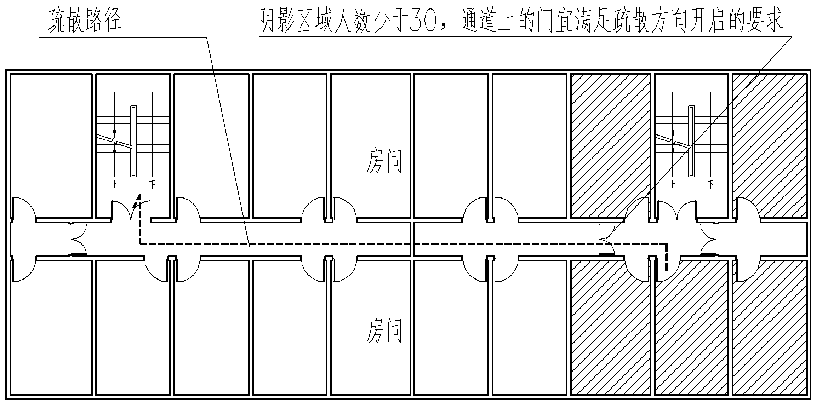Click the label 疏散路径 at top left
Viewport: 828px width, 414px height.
coord(85,20)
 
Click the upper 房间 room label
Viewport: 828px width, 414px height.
coord(384,161)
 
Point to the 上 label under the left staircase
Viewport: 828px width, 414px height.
coord(114,184)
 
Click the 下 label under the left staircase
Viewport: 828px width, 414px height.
coord(152,184)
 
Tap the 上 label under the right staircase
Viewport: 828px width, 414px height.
coord(673,184)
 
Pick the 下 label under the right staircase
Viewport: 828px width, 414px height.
coord(710,184)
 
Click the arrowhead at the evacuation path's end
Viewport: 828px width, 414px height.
coord(138,200)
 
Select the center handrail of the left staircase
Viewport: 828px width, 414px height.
coord(133,142)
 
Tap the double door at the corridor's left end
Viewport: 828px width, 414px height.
coord(79,240)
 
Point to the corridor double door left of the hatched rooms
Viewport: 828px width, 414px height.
coord(606,240)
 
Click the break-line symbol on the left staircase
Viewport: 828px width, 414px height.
coord(115,142)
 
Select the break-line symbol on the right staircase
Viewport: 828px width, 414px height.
coord(673,142)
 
